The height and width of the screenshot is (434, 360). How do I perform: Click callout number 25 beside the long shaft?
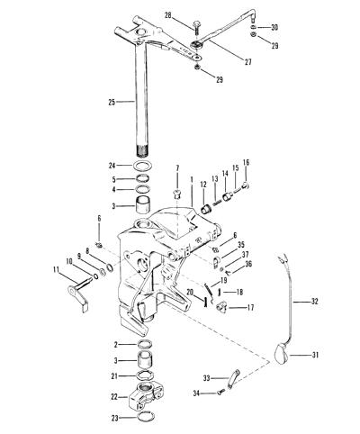point(112,102)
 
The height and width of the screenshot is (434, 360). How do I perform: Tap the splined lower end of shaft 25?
point(143,150)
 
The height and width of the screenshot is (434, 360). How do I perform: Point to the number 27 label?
point(247,62)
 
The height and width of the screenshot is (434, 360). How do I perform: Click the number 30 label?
point(274,27)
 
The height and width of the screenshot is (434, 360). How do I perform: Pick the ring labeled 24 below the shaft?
point(143,166)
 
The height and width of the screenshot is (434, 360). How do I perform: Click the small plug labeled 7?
point(178,194)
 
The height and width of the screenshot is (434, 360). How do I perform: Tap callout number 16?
point(246,162)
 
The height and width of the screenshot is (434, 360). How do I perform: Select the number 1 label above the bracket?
point(192,179)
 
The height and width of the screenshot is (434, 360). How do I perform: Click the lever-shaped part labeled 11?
point(78,294)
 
